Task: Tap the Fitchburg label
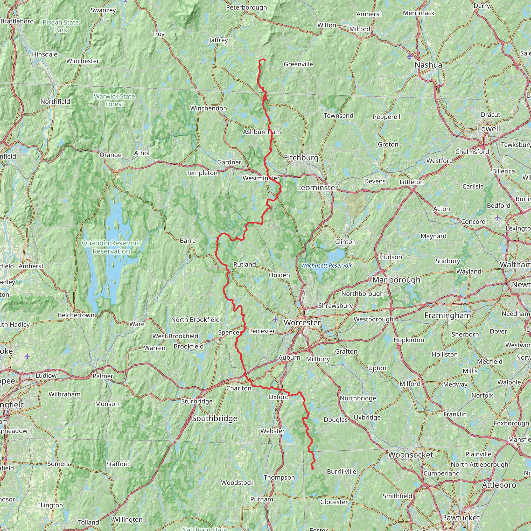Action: [301, 158]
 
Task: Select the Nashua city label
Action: [428, 65]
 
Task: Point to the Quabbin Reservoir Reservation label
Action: [111, 247]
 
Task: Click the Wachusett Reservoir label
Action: [326, 265]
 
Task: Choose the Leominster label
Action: [317, 187]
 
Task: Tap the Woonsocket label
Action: [411, 455]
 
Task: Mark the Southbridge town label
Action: [214, 418]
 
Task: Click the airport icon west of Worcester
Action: [275, 319]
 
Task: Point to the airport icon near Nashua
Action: [409, 56]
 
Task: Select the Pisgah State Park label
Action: [61, 26]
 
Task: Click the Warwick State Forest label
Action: [114, 100]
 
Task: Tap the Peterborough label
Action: [246, 8]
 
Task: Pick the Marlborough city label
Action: [396, 280]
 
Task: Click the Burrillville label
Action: [341, 472]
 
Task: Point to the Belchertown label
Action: [76, 315]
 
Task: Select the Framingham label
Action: [448, 315]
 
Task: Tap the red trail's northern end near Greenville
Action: [265, 60]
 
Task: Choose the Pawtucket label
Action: [461, 518]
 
